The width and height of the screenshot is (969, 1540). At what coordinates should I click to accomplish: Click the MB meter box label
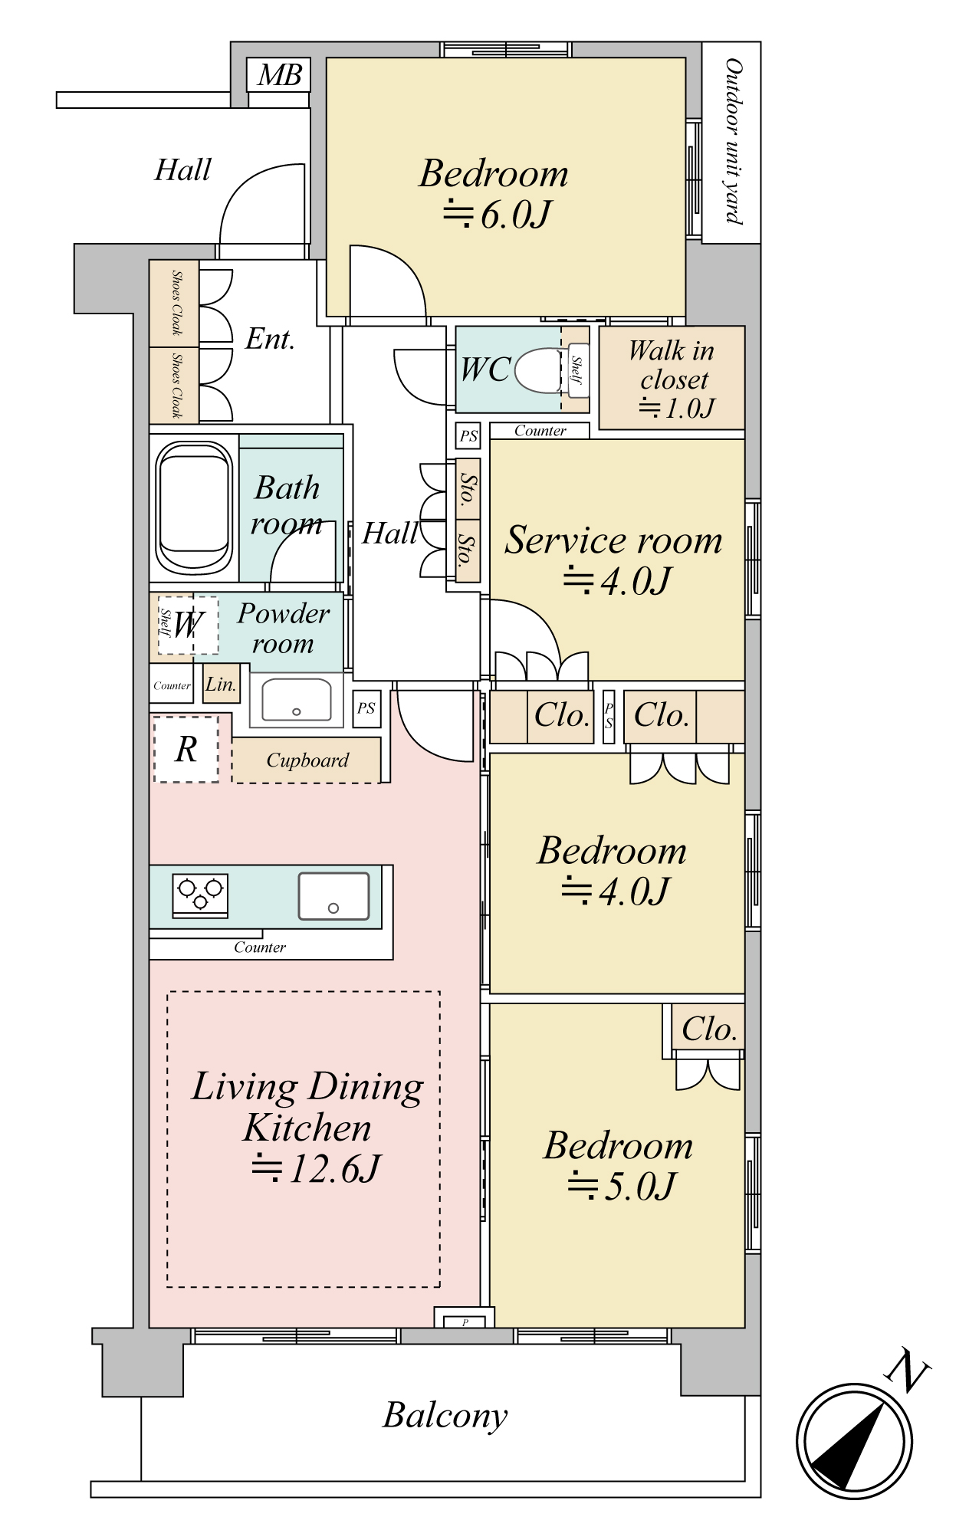(279, 75)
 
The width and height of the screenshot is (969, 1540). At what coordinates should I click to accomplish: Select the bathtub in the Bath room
(194, 507)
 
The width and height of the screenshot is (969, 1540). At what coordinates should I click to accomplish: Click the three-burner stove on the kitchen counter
(200, 894)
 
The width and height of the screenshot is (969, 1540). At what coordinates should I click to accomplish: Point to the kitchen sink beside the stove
(333, 895)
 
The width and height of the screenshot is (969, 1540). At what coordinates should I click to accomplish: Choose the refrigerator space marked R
(186, 749)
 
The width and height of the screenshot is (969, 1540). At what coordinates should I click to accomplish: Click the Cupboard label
(307, 760)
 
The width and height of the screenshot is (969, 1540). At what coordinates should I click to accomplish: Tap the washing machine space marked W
(188, 625)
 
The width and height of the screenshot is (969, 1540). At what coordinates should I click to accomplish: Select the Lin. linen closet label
(221, 684)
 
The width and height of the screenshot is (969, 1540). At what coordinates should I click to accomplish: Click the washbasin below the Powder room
(297, 700)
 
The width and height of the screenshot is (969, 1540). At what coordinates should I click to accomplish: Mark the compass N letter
(908, 1371)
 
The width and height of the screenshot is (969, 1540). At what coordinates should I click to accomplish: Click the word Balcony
(445, 1416)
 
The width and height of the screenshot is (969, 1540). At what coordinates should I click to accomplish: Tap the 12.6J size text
(316, 1168)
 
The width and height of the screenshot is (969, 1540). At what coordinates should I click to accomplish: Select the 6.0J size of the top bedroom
(497, 214)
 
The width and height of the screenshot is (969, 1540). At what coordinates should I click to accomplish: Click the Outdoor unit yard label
(733, 142)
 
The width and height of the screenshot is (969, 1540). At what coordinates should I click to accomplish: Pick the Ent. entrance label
(270, 339)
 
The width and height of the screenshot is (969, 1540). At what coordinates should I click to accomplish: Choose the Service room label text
(613, 540)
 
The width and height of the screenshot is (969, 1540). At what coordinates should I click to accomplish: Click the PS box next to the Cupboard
(366, 708)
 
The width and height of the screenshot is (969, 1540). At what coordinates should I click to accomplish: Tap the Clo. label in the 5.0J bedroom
(709, 1029)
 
